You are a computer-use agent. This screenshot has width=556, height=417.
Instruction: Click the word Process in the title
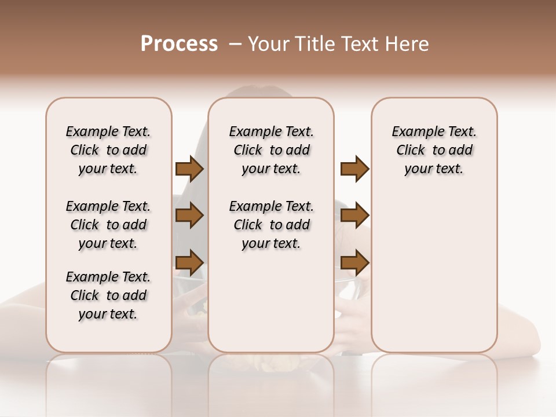(x=179, y=44)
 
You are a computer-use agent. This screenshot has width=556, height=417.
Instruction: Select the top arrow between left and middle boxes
(x=189, y=169)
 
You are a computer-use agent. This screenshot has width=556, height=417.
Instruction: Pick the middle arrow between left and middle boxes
(x=189, y=215)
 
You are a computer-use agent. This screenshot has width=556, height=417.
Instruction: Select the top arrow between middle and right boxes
(x=354, y=169)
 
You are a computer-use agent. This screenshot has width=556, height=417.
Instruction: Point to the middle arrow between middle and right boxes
(x=354, y=215)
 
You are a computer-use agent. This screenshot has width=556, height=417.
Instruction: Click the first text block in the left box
(x=108, y=150)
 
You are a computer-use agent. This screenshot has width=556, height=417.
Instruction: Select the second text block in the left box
(x=108, y=225)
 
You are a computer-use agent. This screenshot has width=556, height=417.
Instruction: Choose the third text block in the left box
(x=108, y=295)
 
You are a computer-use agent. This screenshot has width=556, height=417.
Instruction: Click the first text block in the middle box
(x=271, y=150)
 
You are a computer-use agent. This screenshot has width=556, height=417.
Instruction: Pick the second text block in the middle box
(x=271, y=225)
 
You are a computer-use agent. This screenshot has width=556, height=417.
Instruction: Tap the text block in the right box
(x=434, y=150)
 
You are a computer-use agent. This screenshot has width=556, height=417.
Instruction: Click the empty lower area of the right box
(x=434, y=272)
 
